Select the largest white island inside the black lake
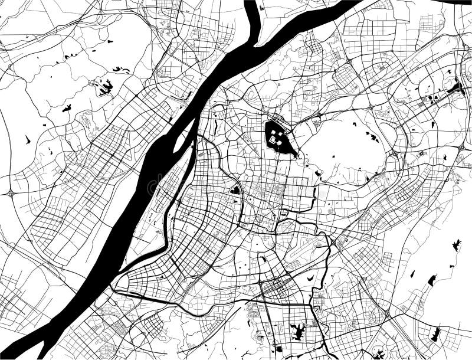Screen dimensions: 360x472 [x=274, y=140]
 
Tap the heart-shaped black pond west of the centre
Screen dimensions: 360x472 [x=235, y=190]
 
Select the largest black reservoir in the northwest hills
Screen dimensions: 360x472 [x=106, y=88]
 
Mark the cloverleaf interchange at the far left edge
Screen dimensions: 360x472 [x=11, y=193]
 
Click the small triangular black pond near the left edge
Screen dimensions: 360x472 [x=27, y=140]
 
